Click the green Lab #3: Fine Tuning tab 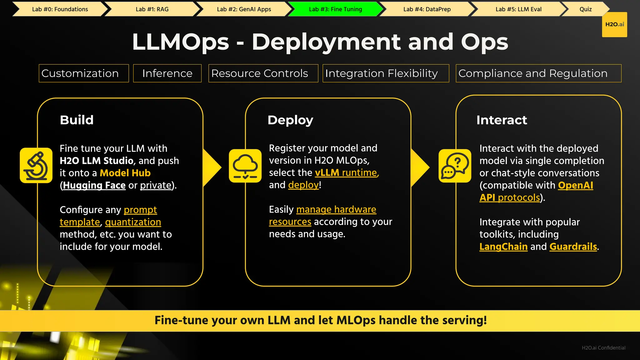pyautogui.click(x=335, y=9)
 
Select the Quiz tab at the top pyautogui.click(x=585, y=9)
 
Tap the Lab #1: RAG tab pyautogui.click(x=152, y=9)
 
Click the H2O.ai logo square pyautogui.click(x=614, y=24)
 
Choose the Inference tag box pyautogui.click(x=167, y=73)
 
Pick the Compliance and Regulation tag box pyautogui.click(x=538, y=73)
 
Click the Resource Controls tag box pyautogui.click(x=263, y=73)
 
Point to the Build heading pyautogui.click(x=77, y=120)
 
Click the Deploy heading pyautogui.click(x=290, y=120)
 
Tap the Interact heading pyautogui.click(x=502, y=120)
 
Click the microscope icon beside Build pyautogui.click(x=36, y=165)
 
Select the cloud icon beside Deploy pyautogui.click(x=245, y=166)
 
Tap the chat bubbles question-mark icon pyautogui.click(x=455, y=166)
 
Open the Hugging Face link pyautogui.click(x=94, y=185)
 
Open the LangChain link pyautogui.click(x=503, y=247)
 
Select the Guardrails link pyautogui.click(x=573, y=247)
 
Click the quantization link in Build pyautogui.click(x=133, y=222)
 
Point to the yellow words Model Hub pyautogui.click(x=125, y=173)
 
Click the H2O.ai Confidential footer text pyautogui.click(x=603, y=348)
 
